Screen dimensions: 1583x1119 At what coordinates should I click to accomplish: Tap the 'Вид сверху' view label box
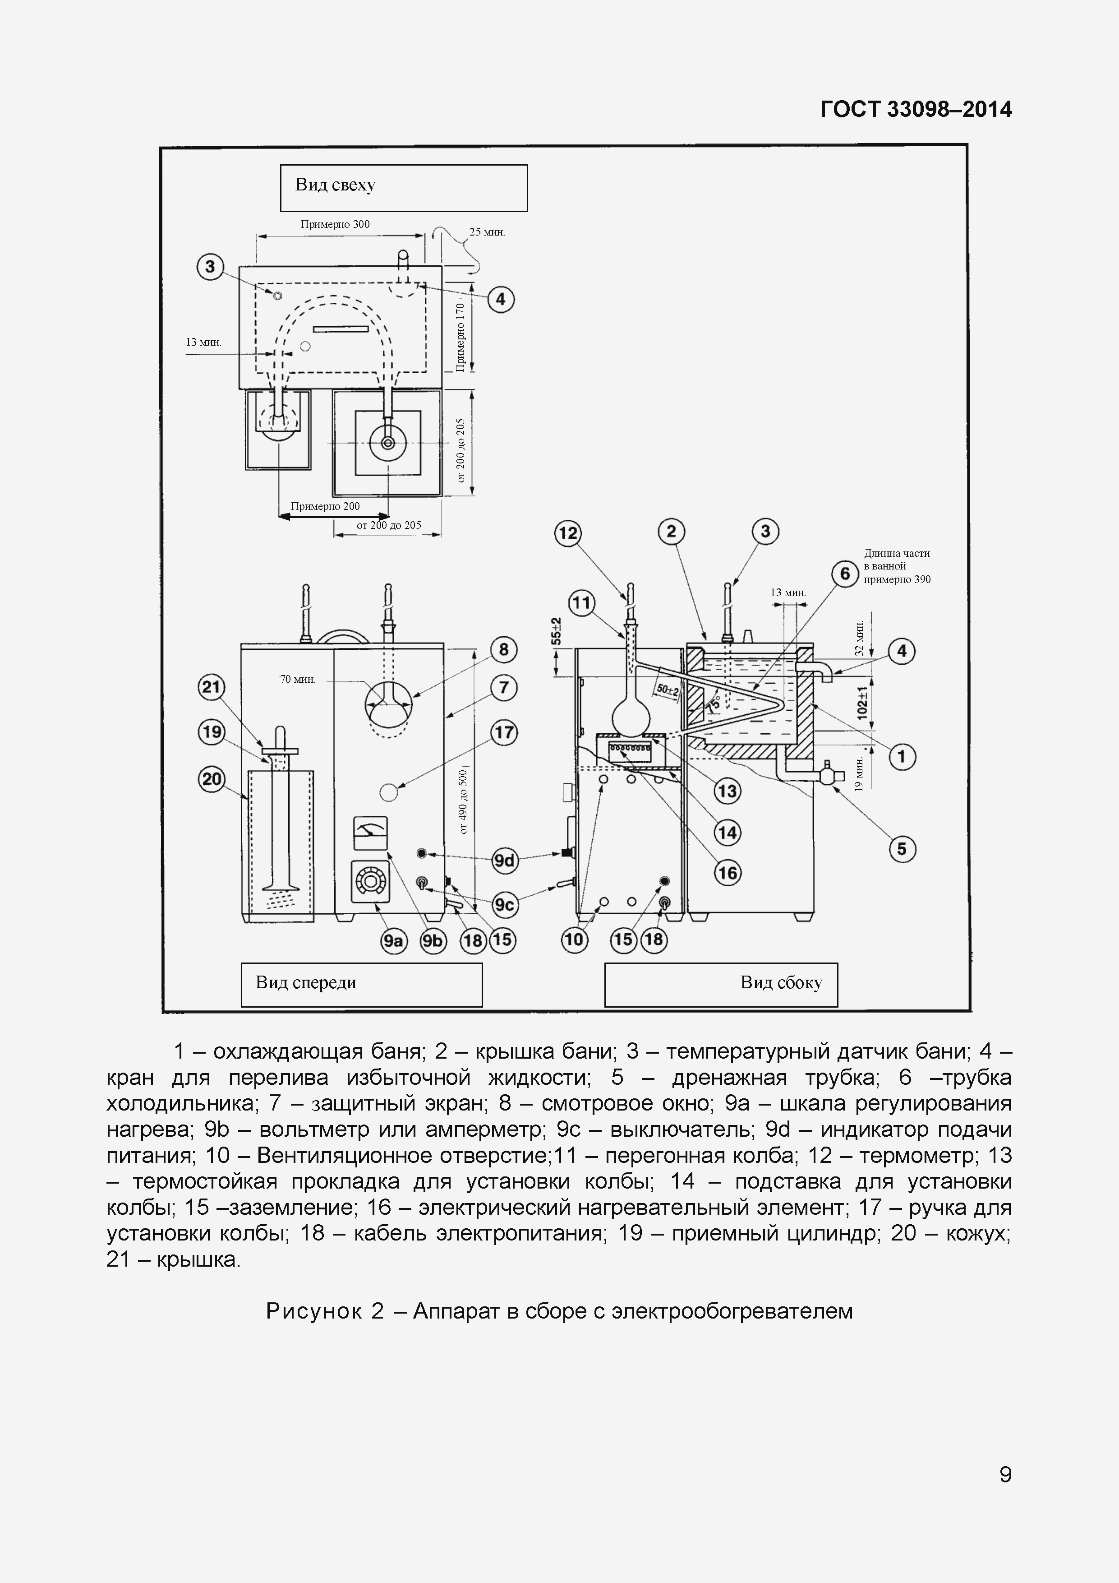tap(403, 188)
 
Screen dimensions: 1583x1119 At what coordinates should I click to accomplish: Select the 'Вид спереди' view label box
tap(361, 984)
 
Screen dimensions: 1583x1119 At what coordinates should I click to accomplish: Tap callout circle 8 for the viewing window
tap(504, 649)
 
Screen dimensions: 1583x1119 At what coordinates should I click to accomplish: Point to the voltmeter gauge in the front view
tap(370, 833)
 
